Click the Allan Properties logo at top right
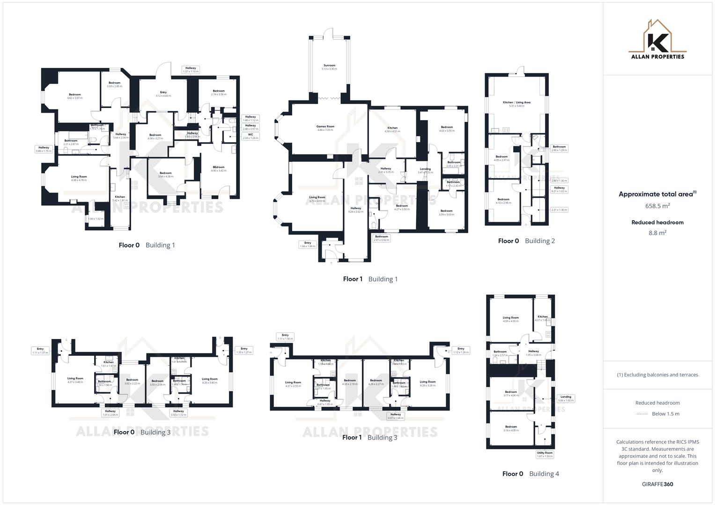657,40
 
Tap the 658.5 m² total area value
657,206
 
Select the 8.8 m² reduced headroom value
657,232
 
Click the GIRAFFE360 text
657,484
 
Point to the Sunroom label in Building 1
329,67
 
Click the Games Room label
325,128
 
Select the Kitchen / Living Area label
516,104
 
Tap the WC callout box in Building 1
251,136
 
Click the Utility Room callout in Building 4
545,454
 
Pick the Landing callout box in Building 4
566,398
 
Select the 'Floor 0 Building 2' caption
526,241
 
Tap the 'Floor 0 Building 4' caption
531,474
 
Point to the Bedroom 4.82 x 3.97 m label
74,96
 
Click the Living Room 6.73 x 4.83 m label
317,199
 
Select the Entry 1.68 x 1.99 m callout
308,245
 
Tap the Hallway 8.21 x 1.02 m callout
559,189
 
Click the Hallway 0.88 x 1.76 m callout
44,149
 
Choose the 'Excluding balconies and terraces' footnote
657,375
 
